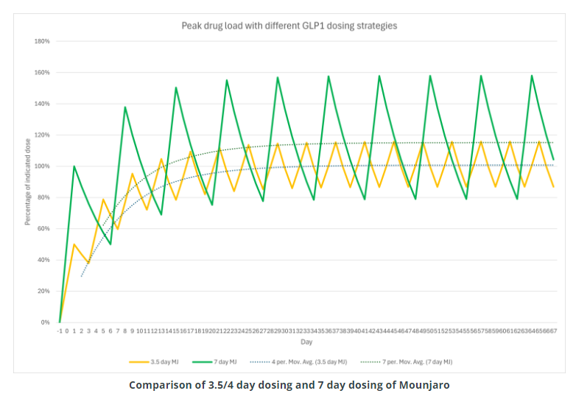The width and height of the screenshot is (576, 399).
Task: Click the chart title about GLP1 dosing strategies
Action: pos(289,26)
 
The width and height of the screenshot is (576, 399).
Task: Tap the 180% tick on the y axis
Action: pos(42,41)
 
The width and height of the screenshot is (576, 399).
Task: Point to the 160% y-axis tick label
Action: pos(42,73)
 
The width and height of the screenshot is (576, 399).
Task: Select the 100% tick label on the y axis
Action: pos(42,166)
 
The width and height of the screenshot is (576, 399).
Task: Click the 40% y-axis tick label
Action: pos(43,260)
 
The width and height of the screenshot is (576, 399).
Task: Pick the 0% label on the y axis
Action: pos(45,322)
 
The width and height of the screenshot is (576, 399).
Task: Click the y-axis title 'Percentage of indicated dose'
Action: pos(27,181)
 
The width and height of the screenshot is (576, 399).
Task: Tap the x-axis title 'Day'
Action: pos(306,342)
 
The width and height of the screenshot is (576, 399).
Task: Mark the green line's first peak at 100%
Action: pos(74,166)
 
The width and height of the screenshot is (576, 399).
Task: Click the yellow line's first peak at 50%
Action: pos(74,244)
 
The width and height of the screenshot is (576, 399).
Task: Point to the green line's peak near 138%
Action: pos(124,107)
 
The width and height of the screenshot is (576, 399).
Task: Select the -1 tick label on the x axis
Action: pos(59,331)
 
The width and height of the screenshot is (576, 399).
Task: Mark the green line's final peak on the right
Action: pos(532,75)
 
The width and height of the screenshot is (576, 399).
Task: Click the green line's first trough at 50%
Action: pos(110,244)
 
